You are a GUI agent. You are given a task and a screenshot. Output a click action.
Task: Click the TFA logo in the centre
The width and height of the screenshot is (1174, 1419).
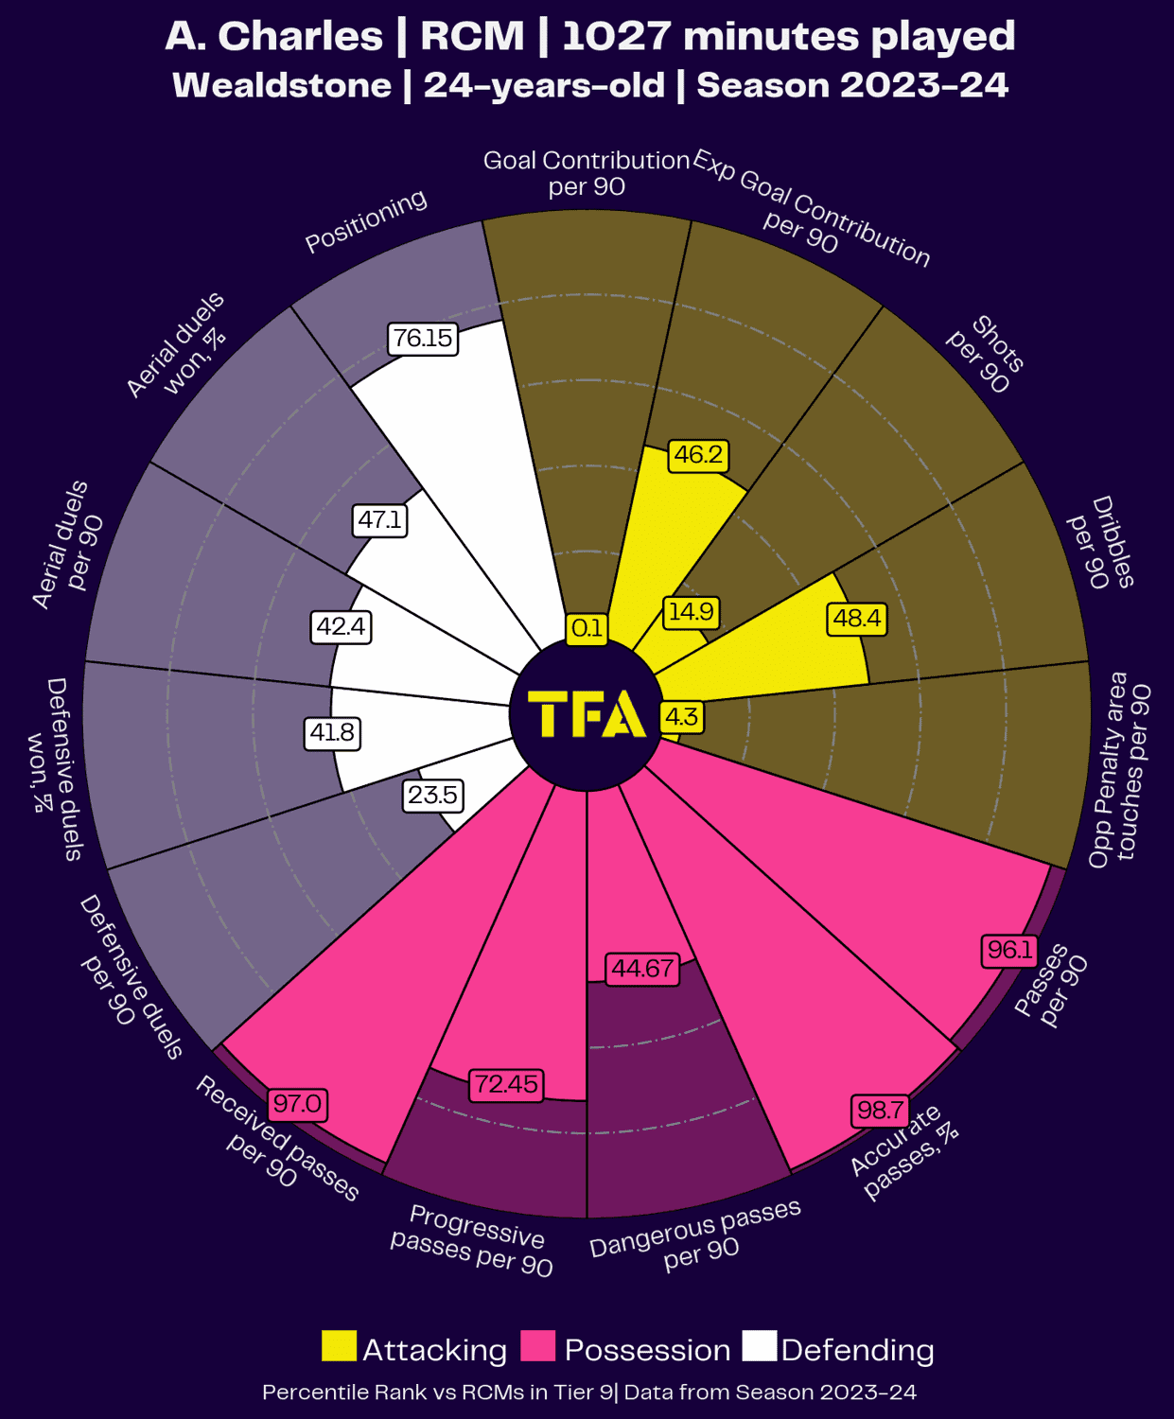coord(587,714)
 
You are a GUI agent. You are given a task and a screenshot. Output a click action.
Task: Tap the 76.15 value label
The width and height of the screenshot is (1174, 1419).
coord(423,338)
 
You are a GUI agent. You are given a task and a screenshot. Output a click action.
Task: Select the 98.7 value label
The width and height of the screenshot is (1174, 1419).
coord(879,1110)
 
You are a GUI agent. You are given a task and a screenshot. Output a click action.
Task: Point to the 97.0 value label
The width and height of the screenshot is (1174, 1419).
coord(298,1104)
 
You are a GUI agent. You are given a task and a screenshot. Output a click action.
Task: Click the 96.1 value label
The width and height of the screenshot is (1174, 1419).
coord(1009,950)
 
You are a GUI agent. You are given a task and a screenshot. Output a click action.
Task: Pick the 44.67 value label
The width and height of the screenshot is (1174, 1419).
coord(642,969)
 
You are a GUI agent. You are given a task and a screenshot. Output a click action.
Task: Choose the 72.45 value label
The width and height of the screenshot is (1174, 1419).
coord(506,1084)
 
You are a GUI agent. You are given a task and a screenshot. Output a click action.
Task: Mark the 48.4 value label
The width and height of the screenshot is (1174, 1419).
coord(857,619)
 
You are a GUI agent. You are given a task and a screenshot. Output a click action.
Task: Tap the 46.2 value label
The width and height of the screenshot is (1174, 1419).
coord(698,455)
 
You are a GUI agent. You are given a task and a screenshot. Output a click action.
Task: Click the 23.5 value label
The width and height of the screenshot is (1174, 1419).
coord(432,795)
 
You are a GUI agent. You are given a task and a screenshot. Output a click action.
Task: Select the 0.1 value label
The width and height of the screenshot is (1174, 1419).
coord(587,628)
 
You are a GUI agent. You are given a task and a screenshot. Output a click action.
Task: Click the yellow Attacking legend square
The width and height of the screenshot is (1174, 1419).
coord(339,1347)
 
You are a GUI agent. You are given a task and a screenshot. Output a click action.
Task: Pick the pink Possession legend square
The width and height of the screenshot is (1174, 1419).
coord(538,1347)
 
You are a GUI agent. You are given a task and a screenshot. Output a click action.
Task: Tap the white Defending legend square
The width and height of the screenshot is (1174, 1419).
coord(759,1347)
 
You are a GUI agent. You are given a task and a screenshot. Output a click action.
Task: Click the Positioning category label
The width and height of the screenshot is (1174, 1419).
coord(366,221)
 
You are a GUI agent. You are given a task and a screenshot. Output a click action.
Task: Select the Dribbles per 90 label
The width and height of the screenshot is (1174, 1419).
coord(1100,542)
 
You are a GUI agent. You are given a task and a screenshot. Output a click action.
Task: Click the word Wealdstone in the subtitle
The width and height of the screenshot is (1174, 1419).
coord(282,85)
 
